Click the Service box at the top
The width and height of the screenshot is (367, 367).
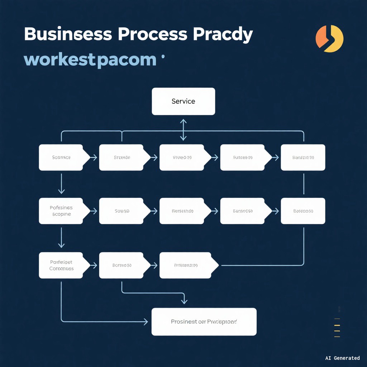pyautogui.click(x=183, y=101)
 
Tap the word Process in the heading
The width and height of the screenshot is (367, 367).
pyautogui.click(x=152, y=35)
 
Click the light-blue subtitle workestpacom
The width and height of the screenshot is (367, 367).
pyautogui.click(x=90, y=59)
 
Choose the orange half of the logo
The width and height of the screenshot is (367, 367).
pyautogui.click(x=321, y=37)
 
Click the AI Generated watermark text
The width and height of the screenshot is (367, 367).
pyautogui.click(x=342, y=358)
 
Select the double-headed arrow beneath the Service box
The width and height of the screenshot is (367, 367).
pyautogui.click(x=183, y=130)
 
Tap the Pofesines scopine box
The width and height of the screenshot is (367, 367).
pyautogui.click(x=61, y=211)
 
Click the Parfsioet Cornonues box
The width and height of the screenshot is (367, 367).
pyautogui.click(x=61, y=265)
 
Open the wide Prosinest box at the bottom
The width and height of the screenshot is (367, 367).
pyautogui.click(x=204, y=321)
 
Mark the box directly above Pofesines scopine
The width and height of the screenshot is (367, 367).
pyautogui.click(x=61, y=157)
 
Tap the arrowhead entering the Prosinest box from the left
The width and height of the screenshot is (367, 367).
pyautogui.click(x=145, y=321)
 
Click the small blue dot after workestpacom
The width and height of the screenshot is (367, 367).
pyautogui.click(x=163, y=56)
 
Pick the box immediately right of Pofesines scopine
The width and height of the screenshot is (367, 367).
pyautogui.click(x=121, y=211)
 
